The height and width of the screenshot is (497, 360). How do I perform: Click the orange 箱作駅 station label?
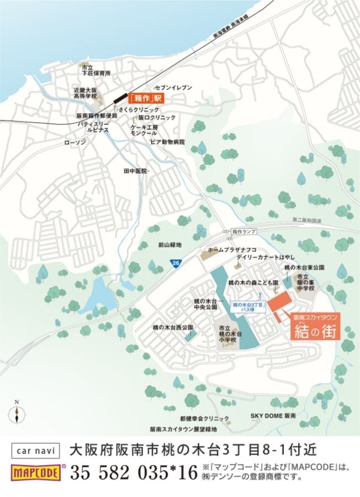[146, 99]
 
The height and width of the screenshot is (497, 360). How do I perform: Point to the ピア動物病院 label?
[167, 142]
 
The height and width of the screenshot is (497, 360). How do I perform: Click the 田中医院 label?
[135, 171]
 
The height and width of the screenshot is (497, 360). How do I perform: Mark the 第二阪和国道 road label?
[306, 220]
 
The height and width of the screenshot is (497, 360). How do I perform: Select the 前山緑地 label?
[169, 244]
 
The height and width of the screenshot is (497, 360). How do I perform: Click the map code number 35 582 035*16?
[134, 473]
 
